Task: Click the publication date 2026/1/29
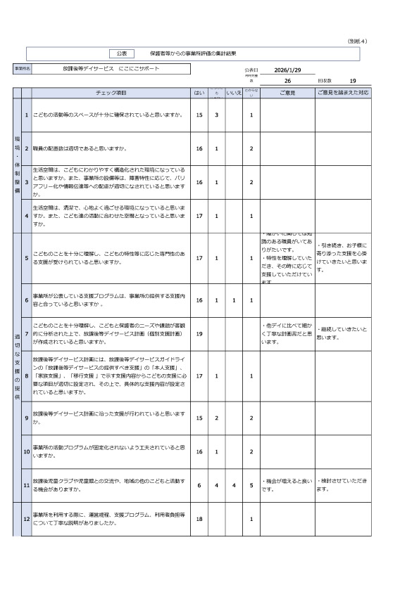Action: coord(287,70)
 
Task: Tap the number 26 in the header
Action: coord(287,81)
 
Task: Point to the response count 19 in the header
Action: coord(353,81)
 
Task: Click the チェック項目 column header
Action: coord(111,93)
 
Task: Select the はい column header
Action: coord(199,93)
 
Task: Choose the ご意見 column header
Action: coord(287,93)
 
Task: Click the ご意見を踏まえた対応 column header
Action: coord(342,93)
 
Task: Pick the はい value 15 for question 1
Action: coord(199,115)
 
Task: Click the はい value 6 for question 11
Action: coord(199,485)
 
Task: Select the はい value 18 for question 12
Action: coord(199,519)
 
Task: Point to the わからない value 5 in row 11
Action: coord(251,485)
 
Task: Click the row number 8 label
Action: coord(26,376)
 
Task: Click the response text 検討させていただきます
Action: coord(342,484)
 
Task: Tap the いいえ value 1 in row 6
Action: coord(234,300)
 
